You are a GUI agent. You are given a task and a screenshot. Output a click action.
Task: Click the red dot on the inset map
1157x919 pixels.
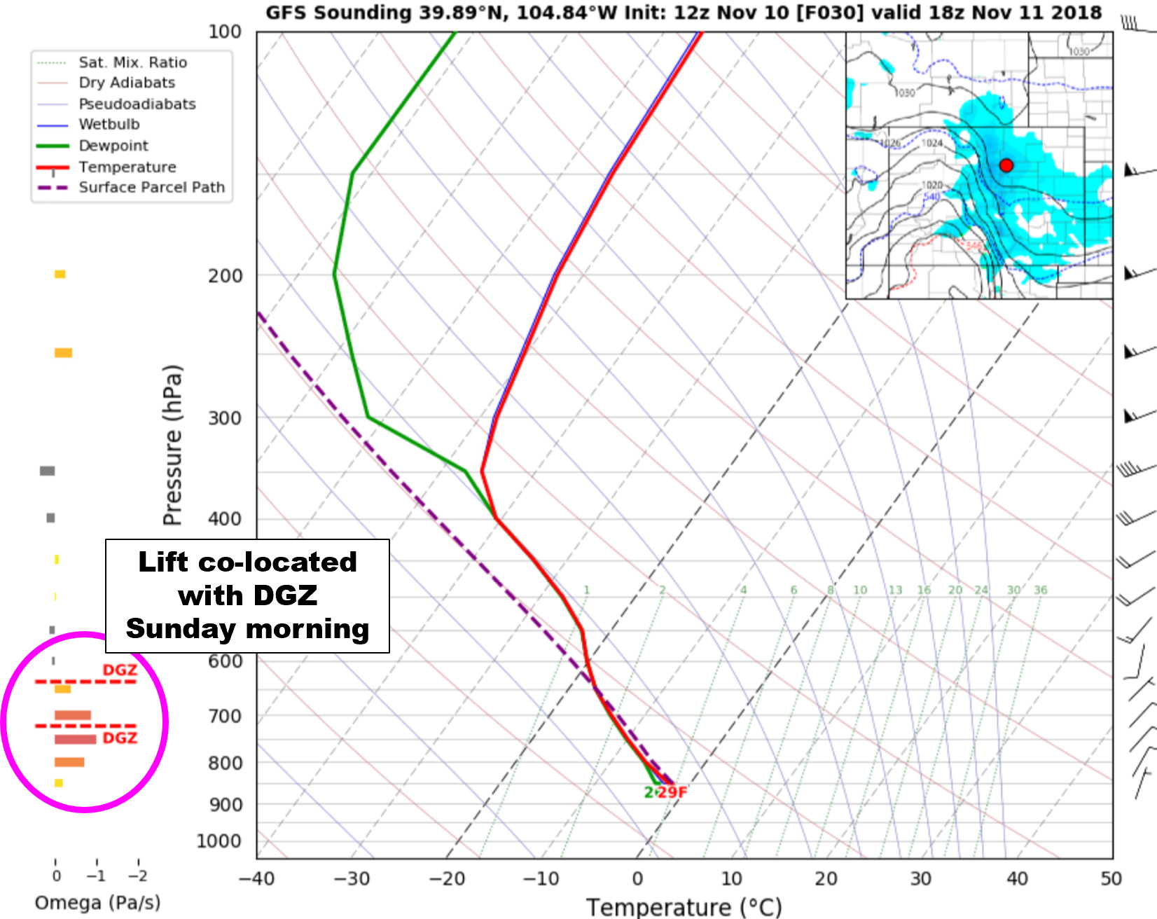tap(1006, 165)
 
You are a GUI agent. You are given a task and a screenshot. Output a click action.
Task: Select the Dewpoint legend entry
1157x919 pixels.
tap(113, 146)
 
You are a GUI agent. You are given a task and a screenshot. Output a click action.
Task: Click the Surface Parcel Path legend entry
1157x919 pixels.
tap(151, 187)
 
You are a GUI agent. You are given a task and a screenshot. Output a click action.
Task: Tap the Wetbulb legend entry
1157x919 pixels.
tap(109, 124)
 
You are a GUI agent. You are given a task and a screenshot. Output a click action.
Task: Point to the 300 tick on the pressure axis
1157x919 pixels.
tap(226, 417)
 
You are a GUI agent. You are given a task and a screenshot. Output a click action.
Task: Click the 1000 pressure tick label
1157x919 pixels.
tap(219, 841)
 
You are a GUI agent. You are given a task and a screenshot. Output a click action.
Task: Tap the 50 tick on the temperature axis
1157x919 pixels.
tap(1111, 878)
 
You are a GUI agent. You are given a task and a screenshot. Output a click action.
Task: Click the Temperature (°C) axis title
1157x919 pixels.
tap(684, 907)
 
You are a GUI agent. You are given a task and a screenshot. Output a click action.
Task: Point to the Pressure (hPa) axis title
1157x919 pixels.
tap(172, 445)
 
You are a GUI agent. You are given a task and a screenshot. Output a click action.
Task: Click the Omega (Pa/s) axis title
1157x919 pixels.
tap(97, 902)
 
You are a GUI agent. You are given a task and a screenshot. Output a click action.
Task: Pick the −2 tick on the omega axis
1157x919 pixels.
tap(138, 876)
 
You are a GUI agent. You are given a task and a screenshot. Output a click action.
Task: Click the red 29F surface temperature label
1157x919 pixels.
tap(672, 792)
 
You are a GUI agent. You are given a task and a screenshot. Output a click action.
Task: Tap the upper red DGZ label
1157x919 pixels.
tap(120, 670)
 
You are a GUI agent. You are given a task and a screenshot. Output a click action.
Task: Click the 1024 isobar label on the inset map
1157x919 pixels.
tap(932, 143)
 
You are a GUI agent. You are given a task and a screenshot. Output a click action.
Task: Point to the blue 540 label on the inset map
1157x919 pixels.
tap(931, 196)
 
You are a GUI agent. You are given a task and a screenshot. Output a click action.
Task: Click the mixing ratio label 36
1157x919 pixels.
tap(1041, 590)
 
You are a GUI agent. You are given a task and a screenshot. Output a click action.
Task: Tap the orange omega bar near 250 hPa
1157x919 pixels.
tap(64, 352)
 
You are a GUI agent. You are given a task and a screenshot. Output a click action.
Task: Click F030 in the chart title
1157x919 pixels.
tap(820, 13)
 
